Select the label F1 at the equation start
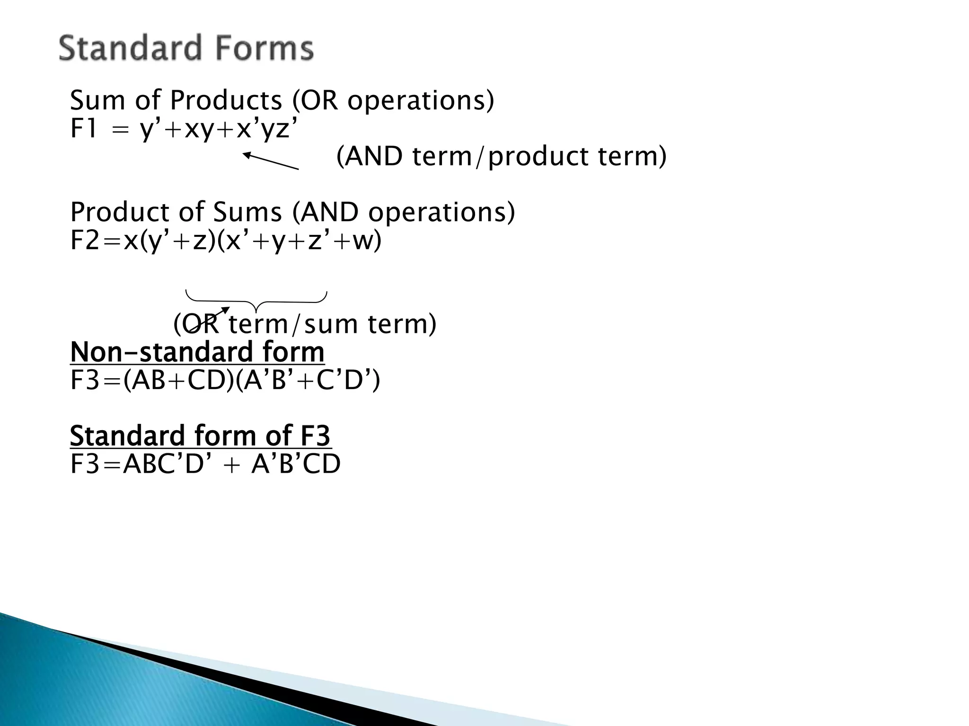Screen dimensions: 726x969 tap(84, 129)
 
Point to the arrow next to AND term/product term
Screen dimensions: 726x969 tap(270, 161)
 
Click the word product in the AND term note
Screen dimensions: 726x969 tap(537, 157)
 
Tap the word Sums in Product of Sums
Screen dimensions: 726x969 tap(247, 212)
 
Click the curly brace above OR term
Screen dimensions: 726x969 tap(256, 301)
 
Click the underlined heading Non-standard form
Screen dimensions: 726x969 tap(197, 352)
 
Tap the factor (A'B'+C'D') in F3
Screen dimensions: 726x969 tap(308, 380)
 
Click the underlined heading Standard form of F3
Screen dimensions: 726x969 tap(200, 436)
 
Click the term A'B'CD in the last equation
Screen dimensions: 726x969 tap(296, 464)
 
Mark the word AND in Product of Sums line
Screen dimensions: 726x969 tap(329, 212)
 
